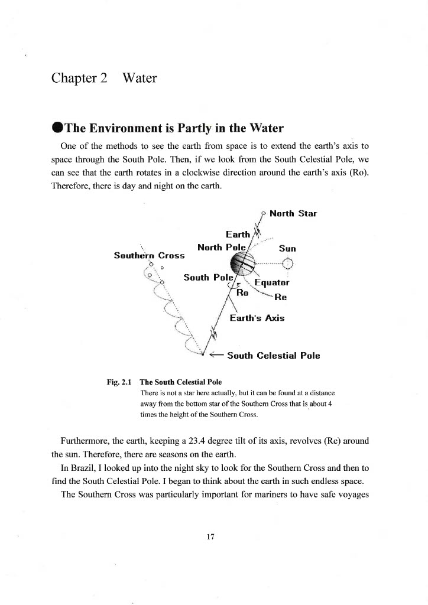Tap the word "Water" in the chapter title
(140, 78)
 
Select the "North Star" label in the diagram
(293, 213)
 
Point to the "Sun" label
(287, 249)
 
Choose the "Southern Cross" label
(149, 256)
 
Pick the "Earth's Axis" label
(257, 318)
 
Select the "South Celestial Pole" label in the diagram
(273, 356)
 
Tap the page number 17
(210, 536)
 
